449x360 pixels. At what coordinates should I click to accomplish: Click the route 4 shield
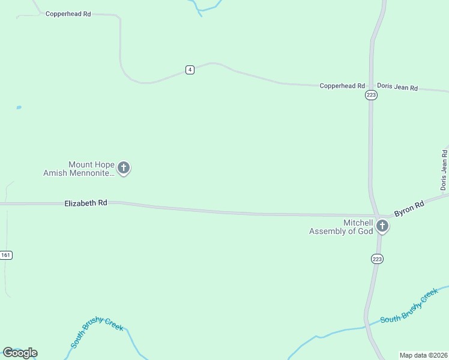pyautogui.click(x=190, y=70)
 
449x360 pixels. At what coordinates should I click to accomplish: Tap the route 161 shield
pyautogui.click(x=6, y=255)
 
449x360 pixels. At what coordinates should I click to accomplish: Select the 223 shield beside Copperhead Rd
pyautogui.click(x=371, y=95)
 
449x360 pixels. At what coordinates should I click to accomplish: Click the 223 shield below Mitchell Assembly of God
pyautogui.click(x=377, y=259)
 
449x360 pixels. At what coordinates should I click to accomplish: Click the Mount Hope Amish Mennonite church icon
pyautogui.click(x=124, y=168)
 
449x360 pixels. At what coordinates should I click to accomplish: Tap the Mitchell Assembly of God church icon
pyautogui.click(x=382, y=227)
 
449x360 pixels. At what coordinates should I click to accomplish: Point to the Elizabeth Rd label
pyautogui.click(x=86, y=203)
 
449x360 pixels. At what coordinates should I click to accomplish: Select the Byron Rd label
pyautogui.click(x=409, y=209)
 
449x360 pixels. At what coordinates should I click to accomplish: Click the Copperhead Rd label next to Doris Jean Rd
pyautogui.click(x=342, y=86)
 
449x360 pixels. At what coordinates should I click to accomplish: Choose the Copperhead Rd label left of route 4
pyautogui.click(x=68, y=13)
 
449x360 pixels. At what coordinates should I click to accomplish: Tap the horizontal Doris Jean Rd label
pyautogui.click(x=397, y=87)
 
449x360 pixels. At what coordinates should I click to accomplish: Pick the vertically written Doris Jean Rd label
pyautogui.click(x=444, y=169)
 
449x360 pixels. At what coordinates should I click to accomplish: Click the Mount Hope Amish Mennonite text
pyautogui.click(x=78, y=169)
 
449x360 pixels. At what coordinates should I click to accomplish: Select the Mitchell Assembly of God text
pyautogui.click(x=341, y=227)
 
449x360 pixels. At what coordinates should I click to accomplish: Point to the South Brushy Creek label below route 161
pyautogui.click(x=97, y=332)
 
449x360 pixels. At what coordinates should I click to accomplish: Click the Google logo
pyautogui.click(x=20, y=353)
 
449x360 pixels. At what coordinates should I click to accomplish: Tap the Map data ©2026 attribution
pyautogui.click(x=424, y=355)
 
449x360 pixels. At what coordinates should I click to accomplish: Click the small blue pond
pyautogui.click(x=19, y=107)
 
